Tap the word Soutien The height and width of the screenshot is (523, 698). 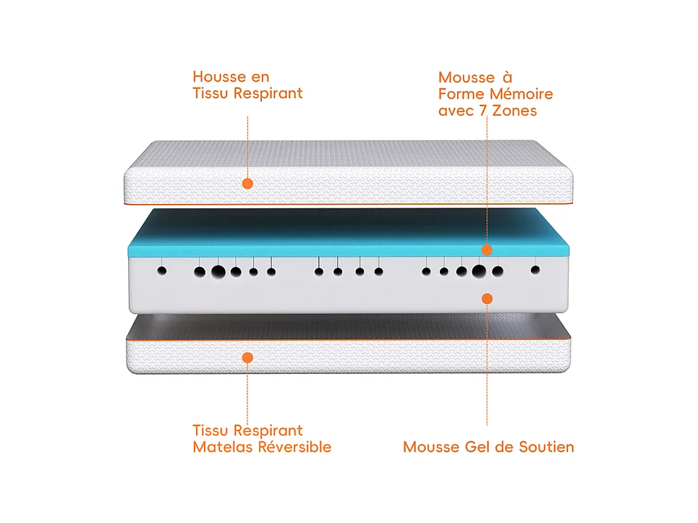[546, 447]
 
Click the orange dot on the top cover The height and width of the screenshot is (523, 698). [247, 184]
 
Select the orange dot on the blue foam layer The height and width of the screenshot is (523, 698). [487, 250]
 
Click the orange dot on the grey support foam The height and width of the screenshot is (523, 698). [487, 298]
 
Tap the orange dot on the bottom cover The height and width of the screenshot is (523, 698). [247, 357]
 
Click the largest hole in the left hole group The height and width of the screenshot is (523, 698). [218, 272]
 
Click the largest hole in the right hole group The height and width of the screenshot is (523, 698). [479, 272]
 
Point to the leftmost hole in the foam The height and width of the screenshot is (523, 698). [162, 271]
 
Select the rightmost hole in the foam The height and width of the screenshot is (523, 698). [535, 270]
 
